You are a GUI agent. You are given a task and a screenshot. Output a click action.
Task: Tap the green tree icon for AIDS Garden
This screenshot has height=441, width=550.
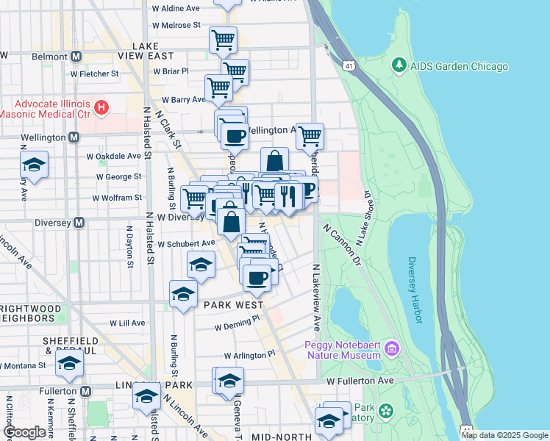click(399, 66)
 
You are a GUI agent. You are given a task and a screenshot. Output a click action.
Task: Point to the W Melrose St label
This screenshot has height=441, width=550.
click(176, 25)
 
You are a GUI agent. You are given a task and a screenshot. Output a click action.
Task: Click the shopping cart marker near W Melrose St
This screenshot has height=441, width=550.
click(223, 39)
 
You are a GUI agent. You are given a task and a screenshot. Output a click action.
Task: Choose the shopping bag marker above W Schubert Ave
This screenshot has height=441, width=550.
click(231, 220)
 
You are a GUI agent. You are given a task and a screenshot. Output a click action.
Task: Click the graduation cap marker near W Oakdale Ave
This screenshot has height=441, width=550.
click(34, 165)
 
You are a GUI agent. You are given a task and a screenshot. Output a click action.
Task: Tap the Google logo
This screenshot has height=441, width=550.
click(25, 432)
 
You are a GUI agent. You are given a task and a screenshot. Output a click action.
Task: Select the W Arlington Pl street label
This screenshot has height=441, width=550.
click(249, 354)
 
